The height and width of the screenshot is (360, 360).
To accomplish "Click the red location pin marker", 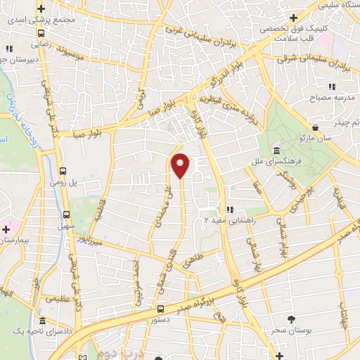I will click(x=181, y=165).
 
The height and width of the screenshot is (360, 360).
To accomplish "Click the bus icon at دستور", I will click(x=161, y=308).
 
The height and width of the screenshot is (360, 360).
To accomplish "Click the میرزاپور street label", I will click(x=94, y=242).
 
